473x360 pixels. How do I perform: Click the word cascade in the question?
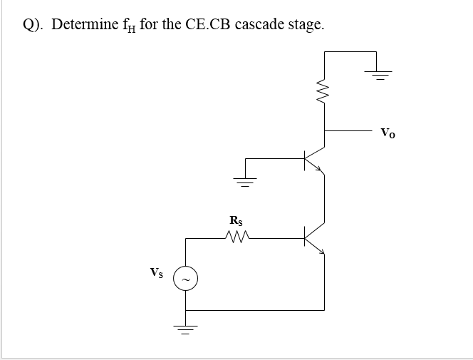click(260, 25)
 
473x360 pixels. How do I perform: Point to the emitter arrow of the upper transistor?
click(321, 170)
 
